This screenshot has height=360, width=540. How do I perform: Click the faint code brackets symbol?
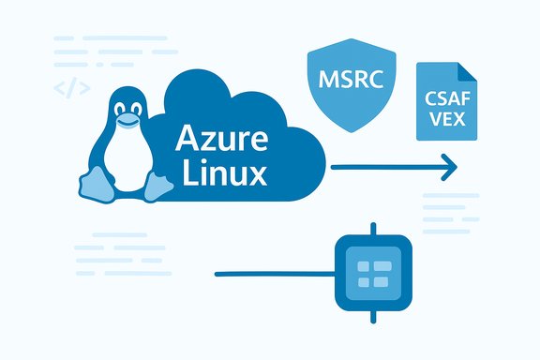[71, 89]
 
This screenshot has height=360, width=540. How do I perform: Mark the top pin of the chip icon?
[373, 231]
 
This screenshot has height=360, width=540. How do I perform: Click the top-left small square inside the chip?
[364, 267]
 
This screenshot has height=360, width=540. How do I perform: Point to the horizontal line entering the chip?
[272, 275]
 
